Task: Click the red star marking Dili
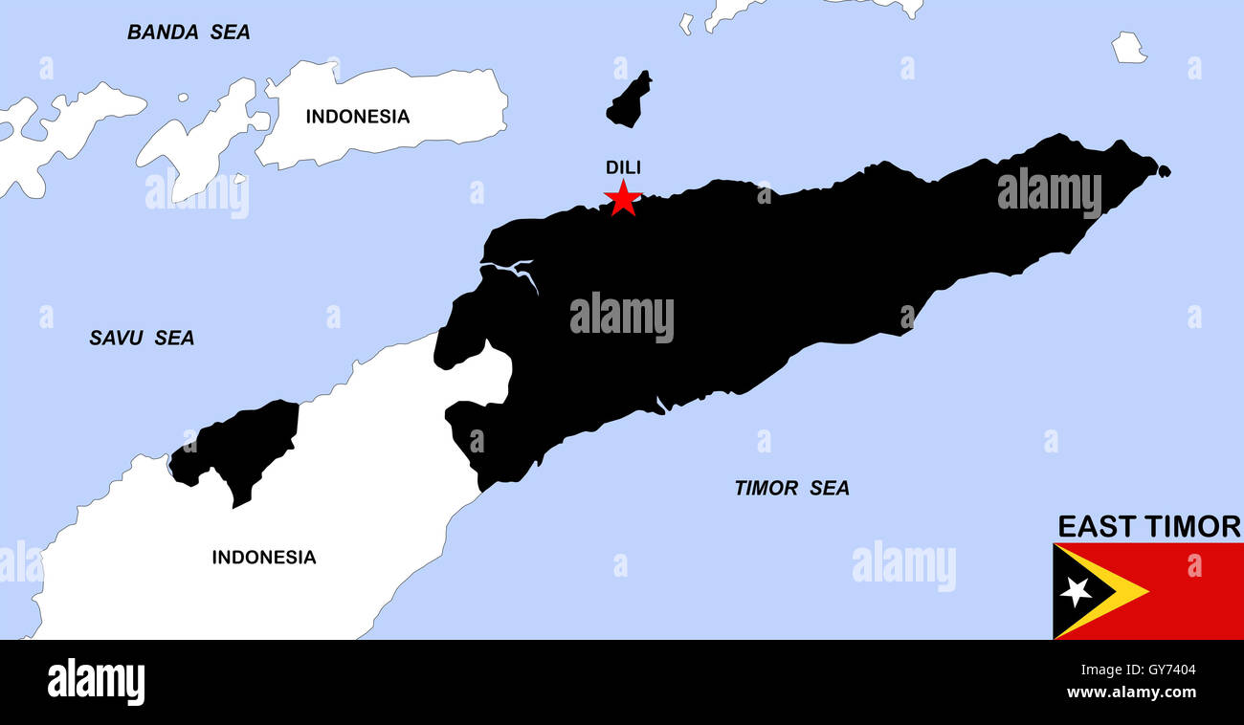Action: pyautogui.click(x=622, y=198)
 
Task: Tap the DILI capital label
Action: pyautogui.click(x=623, y=167)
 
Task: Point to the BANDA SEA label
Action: pyautogui.click(x=189, y=33)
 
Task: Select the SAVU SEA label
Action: pyautogui.click(x=142, y=338)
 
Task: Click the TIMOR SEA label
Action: pyautogui.click(x=791, y=488)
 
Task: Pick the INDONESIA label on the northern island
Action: pyautogui.click(x=357, y=117)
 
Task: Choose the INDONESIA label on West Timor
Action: pyautogui.click(x=263, y=557)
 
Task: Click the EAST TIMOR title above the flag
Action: pyautogui.click(x=1148, y=526)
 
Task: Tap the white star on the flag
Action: pyautogui.click(x=1076, y=591)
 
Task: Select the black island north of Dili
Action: pyautogui.click(x=629, y=100)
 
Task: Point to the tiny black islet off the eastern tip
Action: pyautogui.click(x=1164, y=171)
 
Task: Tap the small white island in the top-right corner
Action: pyautogui.click(x=1128, y=48)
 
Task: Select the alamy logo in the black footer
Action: pyautogui.click(x=96, y=682)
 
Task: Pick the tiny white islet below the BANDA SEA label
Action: pyautogui.click(x=182, y=97)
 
